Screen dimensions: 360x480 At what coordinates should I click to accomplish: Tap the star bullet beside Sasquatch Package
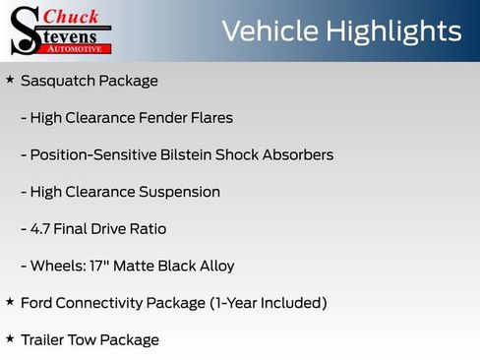pyautogui.click(x=10, y=79)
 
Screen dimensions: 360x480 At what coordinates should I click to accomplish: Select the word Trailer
pyautogui.click(x=45, y=340)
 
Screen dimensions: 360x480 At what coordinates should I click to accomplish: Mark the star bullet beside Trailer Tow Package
pyautogui.click(x=10, y=338)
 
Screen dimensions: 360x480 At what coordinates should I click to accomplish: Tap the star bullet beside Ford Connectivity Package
pyautogui.click(x=10, y=301)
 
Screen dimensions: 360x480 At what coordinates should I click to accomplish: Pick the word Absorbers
pyautogui.click(x=297, y=154)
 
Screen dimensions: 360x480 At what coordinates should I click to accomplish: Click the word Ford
pyautogui.click(x=37, y=303)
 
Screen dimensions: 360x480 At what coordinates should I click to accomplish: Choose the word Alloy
pyautogui.click(x=213, y=266)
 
